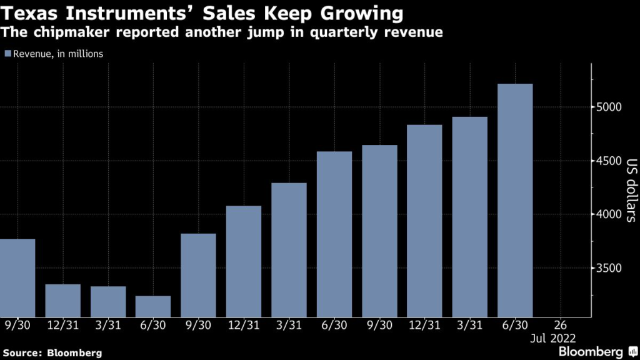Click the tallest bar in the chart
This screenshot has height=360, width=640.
point(515,200)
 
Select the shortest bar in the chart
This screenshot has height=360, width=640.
point(153,306)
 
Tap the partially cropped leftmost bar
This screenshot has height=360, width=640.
point(17,277)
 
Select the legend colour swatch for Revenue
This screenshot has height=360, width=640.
point(7,54)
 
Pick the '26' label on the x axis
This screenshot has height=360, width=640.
point(561,325)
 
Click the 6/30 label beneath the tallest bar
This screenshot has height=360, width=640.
point(515,325)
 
